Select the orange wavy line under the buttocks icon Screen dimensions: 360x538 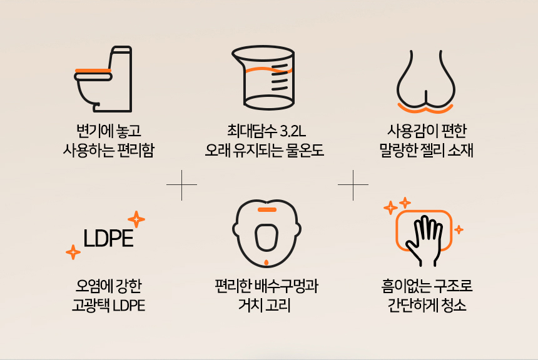click(426, 110)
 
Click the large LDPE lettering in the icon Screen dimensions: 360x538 click(108, 239)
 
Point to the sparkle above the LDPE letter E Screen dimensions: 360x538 click(136, 219)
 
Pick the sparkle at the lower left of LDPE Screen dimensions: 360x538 click(73, 252)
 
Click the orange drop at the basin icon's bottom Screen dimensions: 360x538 click(266, 261)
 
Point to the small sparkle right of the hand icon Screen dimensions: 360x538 click(459, 229)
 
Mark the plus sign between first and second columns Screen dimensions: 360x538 click(181, 185)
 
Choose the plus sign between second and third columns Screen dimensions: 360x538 click(353, 185)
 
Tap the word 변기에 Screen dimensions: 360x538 click(89, 132)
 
